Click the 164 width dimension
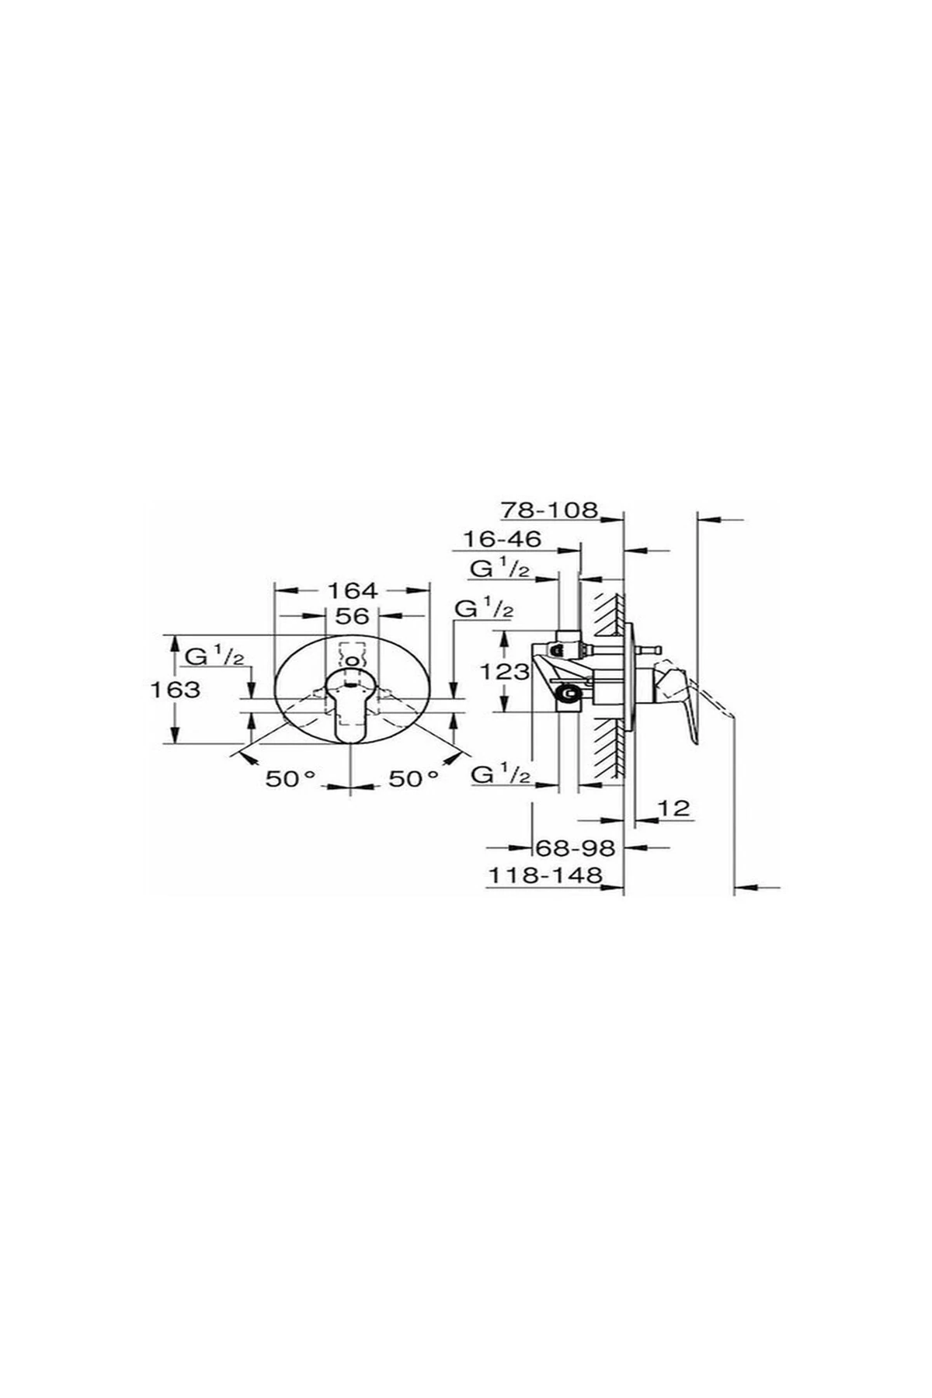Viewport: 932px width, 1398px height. [353, 590]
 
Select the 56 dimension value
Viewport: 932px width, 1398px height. [351, 616]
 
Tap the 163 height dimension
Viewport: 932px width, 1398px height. [177, 689]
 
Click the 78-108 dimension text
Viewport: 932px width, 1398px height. [550, 510]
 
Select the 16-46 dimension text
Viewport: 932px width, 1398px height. [502, 538]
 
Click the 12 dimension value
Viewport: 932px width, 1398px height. [674, 808]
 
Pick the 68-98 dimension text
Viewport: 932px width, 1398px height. [576, 847]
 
